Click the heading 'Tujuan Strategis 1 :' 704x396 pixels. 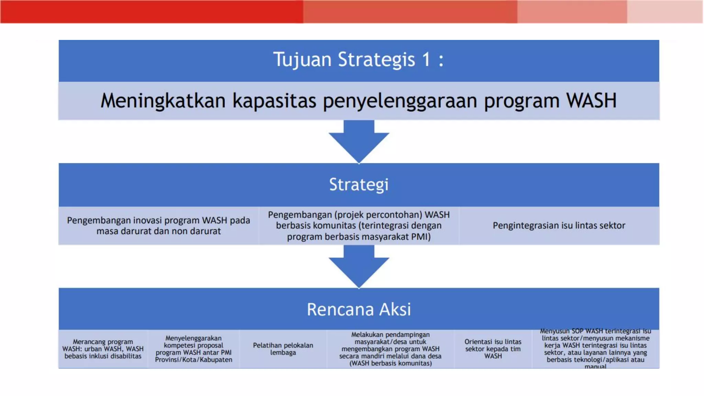[x=359, y=59]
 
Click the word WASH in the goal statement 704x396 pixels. [x=591, y=101]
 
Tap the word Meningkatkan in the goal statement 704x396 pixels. [x=163, y=101]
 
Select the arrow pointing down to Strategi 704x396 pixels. [x=359, y=141]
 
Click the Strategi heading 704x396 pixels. [x=359, y=185]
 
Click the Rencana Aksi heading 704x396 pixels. [x=359, y=309]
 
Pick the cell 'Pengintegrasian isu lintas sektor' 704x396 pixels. [x=559, y=225]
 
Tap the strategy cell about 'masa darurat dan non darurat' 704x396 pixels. [x=158, y=225]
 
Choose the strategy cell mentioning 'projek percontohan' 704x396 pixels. [x=359, y=225]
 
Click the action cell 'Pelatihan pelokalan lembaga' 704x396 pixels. [x=283, y=349]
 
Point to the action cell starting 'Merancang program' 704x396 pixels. [x=103, y=349]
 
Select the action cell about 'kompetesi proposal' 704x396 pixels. [x=194, y=349]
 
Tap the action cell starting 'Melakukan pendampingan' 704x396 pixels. [x=390, y=349]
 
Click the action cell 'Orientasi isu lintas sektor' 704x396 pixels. [x=493, y=349]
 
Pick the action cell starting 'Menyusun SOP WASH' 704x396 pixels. [x=595, y=349]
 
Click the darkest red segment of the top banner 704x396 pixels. [x=151, y=11]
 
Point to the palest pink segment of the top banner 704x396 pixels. [x=665, y=11]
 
